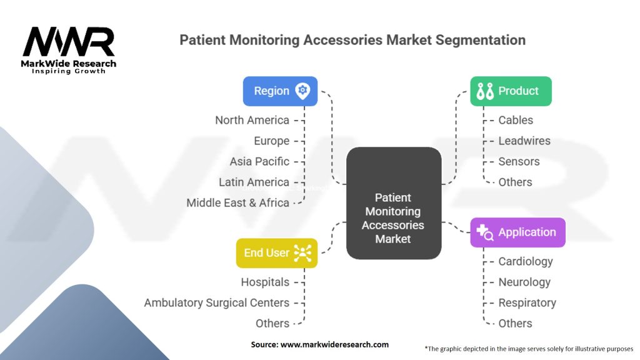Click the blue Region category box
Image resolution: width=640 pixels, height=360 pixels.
280,91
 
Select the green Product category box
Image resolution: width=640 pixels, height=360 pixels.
511,91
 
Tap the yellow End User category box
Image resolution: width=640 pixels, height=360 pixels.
276,252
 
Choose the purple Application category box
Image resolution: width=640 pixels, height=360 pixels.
517,232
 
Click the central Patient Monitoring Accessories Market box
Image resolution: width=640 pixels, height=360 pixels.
393,219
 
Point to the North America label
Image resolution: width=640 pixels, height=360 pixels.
252,120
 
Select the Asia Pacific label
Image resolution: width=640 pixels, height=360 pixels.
259,161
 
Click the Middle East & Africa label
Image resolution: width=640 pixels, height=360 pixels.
237,202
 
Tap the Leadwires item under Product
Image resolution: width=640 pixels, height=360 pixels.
524,141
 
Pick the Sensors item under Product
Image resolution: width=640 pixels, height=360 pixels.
518,161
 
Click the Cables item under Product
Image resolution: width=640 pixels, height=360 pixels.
516,120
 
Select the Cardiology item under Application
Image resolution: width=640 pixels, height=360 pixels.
525,261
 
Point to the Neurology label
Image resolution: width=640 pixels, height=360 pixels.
524,282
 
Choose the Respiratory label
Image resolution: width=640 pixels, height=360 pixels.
527,302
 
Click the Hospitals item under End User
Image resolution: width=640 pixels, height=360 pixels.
265,282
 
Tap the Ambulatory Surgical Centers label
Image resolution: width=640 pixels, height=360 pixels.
216,302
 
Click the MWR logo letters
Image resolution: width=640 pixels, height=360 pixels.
69,42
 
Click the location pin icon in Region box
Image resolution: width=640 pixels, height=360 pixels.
302,91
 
